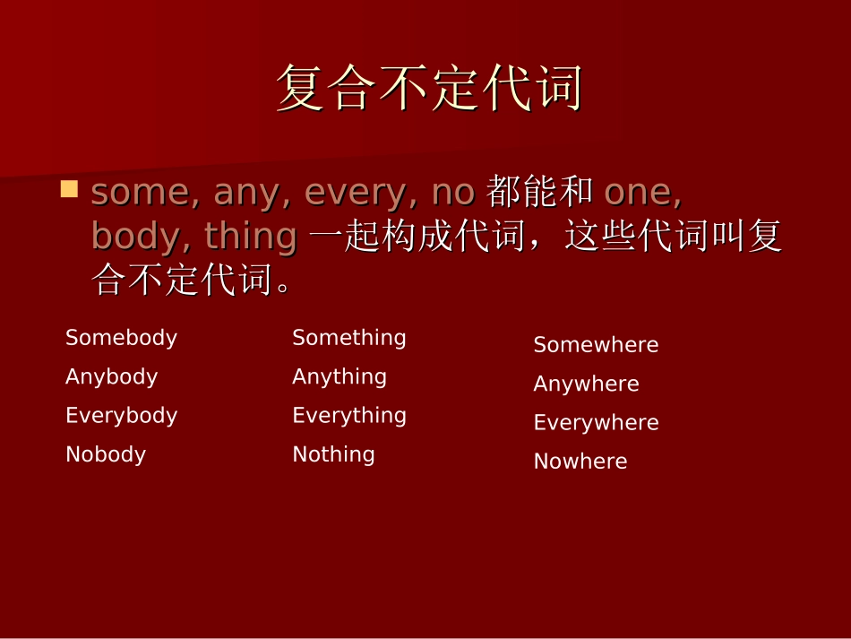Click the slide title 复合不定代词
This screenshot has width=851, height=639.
click(x=429, y=89)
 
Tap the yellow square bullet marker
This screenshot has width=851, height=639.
click(x=69, y=189)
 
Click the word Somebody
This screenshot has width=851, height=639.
click(x=121, y=338)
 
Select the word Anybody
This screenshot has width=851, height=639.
click(x=111, y=377)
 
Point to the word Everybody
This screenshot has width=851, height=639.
click(x=121, y=416)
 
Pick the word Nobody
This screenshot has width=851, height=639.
click(x=106, y=454)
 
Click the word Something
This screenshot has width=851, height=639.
click(x=348, y=338)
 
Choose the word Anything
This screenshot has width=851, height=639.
click(x=340, y=377)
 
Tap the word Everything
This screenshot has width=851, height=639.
click(x=349, y=416)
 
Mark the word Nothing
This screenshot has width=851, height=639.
click(x=333, y=454)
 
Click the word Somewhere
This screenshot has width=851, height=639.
click(x=596, y=345)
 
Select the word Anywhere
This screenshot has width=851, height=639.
click(x=586, y=384)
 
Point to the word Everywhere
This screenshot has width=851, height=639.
click(x=596, y=423)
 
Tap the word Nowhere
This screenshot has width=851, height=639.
click(x=580, y=462)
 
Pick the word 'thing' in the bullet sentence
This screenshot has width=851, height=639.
click(x=250, y=237)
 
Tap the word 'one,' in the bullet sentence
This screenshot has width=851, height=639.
click(x=642, y=193)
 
